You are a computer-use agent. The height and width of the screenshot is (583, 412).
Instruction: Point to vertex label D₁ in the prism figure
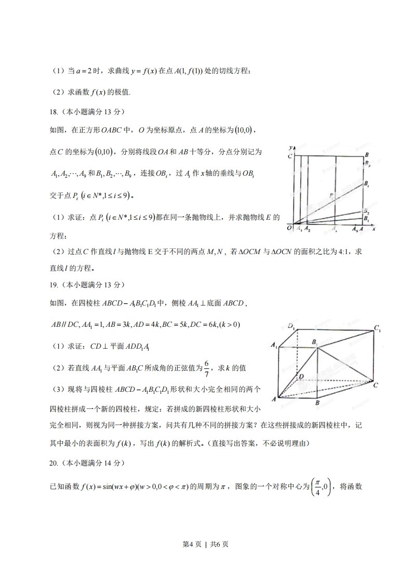click(291, 326)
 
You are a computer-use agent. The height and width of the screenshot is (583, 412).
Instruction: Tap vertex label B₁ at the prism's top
click(315, 341)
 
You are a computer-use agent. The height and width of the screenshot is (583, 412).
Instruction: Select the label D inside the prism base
click(301, 376)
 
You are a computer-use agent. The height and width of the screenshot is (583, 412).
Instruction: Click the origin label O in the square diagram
click(289, 228)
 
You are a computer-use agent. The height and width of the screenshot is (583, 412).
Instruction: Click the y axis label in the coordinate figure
click(293, 148)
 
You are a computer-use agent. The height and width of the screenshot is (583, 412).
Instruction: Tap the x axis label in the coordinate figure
click(374, 229)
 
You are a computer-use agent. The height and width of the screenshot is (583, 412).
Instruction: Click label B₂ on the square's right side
click(366, 212)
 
